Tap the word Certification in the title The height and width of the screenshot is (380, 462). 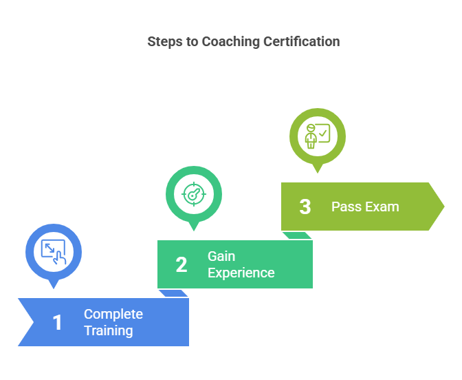point(302,42)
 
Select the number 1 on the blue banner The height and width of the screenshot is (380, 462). point(58,322)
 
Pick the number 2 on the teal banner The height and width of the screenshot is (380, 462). point(181,264)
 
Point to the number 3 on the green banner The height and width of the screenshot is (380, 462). point(305,207)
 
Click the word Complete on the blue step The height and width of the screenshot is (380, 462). point(113,314)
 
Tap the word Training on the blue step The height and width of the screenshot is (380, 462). point(109,330)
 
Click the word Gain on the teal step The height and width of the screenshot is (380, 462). point(221,256)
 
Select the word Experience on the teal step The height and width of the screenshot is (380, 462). point(241,273)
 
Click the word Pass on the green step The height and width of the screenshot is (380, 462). point(346,207)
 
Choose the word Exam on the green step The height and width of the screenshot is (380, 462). point(382,207)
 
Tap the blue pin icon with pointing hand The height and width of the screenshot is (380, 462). point(54,251)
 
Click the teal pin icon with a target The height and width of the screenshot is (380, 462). point(194,193)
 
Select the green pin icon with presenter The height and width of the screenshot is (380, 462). point(317,135)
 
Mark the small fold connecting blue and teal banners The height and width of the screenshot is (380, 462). point(174,293)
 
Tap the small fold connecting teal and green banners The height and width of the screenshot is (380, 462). point(298,235)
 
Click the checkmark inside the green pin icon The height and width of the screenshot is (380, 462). point(324,129)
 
